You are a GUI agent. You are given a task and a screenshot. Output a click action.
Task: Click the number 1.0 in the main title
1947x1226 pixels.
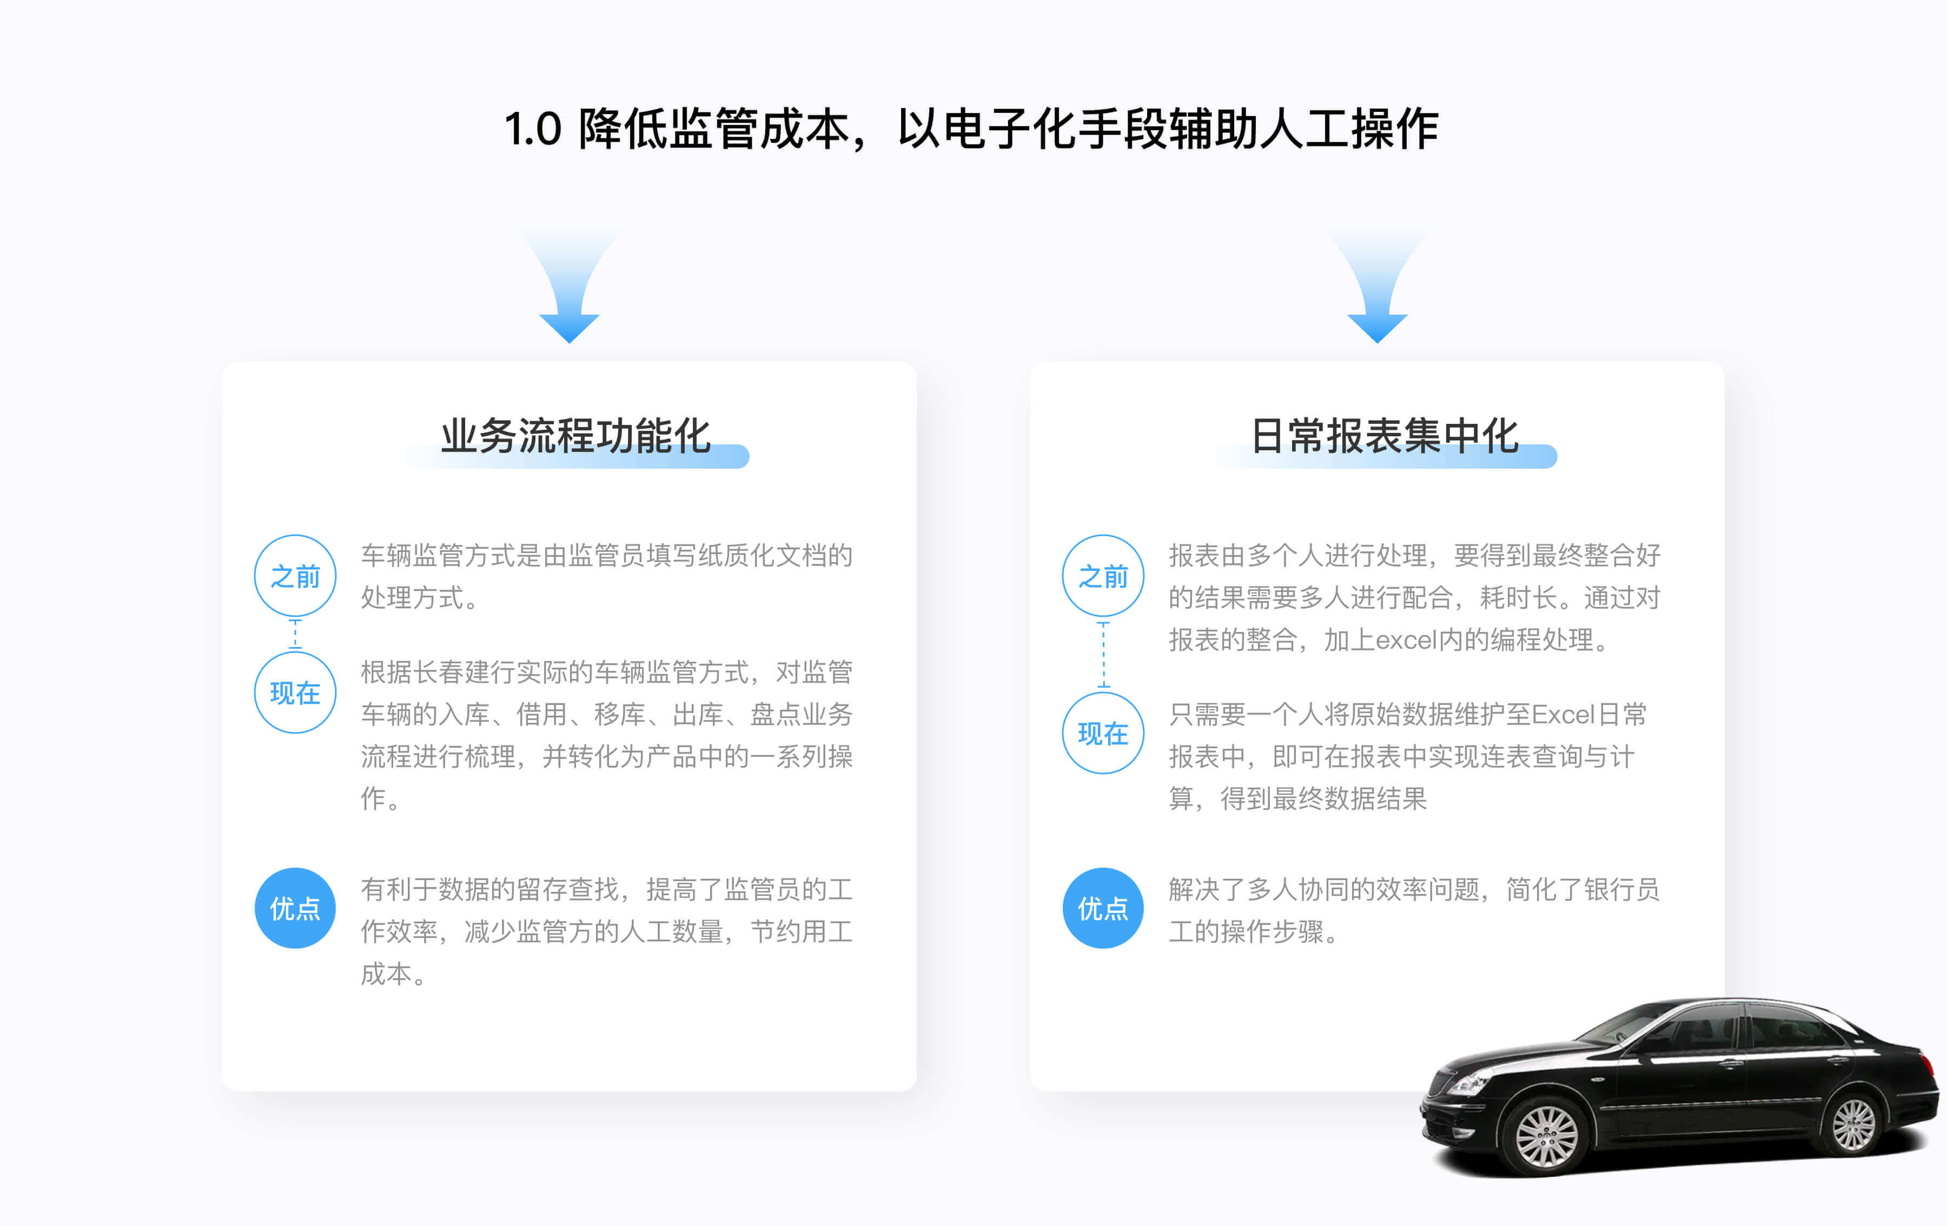[533, 129]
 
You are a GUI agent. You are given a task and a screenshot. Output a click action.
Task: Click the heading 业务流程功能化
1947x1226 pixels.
[575, 436]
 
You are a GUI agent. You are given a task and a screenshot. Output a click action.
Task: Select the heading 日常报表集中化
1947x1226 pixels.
[1385, 436]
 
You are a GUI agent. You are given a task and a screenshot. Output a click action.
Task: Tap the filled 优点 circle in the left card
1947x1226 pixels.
[295, 908]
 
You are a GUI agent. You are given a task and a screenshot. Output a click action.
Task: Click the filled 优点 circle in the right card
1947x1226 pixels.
[1103, 908]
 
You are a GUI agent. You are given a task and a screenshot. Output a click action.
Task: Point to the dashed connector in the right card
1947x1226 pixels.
[1103, 655]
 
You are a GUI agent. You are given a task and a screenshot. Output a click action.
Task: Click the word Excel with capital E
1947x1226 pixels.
[1563, 715]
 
